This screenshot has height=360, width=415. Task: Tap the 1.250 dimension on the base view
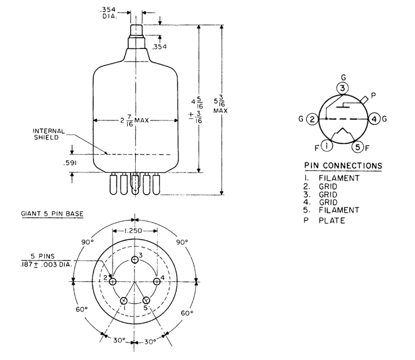(x=135, y=231)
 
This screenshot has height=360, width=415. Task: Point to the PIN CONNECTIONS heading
(x=343, y=166)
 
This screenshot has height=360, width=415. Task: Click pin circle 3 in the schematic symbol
(x=342, y=88)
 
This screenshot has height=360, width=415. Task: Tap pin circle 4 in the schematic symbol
(x=375, y=119)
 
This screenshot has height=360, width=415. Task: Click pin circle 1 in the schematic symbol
(x=328, y=146)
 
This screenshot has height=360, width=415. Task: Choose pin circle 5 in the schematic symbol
(x=358, y=147)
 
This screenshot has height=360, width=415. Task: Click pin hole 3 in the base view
(x=135, y=259)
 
